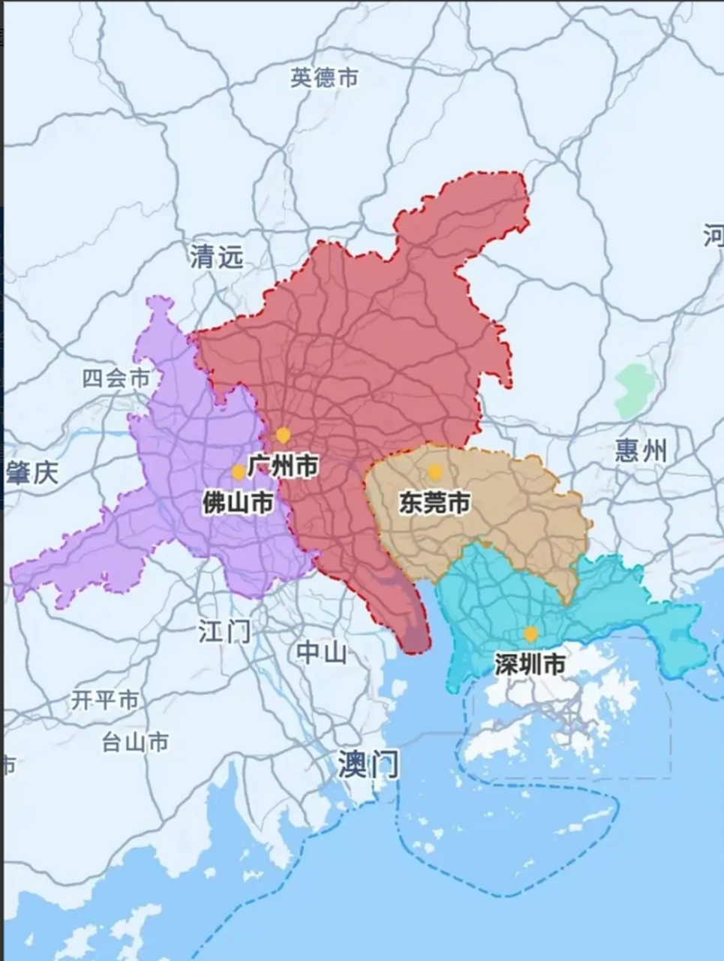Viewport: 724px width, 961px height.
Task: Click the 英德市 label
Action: tap(324, 78)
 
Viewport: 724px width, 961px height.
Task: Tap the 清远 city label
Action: tap(216, 257)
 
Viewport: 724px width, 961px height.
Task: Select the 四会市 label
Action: tap(116, 378)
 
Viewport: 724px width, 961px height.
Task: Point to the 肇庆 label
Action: tap(32, 473)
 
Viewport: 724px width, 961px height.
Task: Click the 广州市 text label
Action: tap(283, 466)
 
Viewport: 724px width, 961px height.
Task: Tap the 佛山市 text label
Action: tap(237, 502)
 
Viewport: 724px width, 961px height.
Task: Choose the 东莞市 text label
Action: tap(434, 502)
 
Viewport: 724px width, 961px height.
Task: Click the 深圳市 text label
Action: tap(530, 664)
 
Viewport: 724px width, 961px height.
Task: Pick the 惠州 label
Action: tap(640, 451)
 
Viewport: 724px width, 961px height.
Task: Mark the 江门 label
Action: tap(224, 631)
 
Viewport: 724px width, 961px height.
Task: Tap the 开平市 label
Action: tap(105, 700)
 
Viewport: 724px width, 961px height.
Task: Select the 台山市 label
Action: tap(135, 743)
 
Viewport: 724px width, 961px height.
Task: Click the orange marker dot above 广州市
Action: tap(283, 435)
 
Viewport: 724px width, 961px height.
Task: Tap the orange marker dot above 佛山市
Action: tap(238, 471)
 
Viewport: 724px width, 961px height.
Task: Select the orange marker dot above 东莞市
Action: tap(434, 471)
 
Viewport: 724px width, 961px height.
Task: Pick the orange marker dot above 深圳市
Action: tap(530, 634)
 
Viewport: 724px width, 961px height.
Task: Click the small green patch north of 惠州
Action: tap(633, 390)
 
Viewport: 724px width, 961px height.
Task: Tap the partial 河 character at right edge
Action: tap(714, 235)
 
